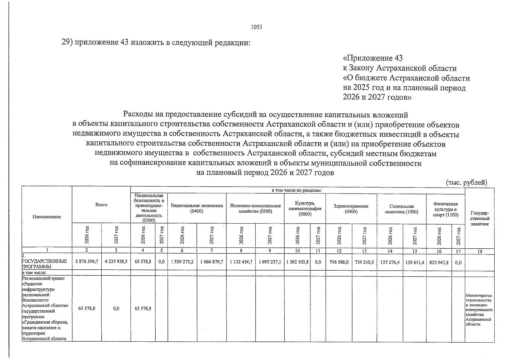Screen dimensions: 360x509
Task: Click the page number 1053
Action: click(256, 27)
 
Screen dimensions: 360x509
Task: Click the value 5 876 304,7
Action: click(86, 262)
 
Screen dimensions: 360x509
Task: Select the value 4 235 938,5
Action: click(116, 262)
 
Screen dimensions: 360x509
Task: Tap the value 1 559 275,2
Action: click(182, 262)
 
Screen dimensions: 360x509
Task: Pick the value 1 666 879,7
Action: click(211, 262)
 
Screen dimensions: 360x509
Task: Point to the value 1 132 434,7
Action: click(241, 262)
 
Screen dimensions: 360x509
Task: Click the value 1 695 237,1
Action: click(270, 262)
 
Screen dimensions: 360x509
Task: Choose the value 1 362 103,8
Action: click(297, 262)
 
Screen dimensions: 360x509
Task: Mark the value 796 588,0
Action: click(339, 262)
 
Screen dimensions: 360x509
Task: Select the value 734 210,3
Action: click(364, 262)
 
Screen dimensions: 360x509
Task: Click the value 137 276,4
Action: click(390, 262)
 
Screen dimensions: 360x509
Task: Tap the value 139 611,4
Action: click(415, 262)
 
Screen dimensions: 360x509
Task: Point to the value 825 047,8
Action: click(439, 262)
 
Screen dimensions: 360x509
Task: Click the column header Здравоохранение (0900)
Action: click(351, 209)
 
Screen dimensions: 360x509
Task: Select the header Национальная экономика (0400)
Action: click(197, 208)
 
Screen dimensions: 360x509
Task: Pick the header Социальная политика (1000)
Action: click(401, 209)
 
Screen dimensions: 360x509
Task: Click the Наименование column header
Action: click(47, 217)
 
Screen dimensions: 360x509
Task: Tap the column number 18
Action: click(480, 251)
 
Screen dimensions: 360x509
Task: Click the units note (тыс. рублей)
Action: click(466, 182)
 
